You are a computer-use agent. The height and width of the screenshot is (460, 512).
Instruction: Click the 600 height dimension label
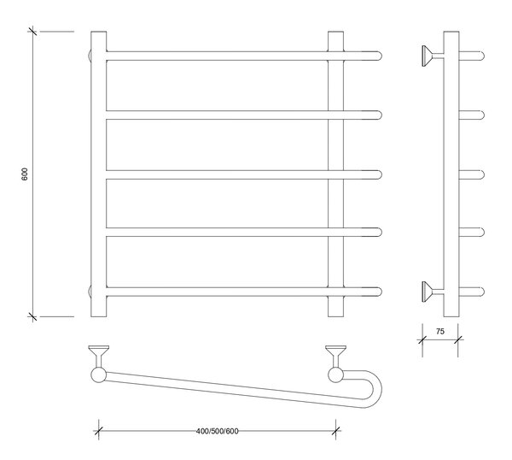[25, 174]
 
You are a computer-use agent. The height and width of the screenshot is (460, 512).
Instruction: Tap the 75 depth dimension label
[440, 332]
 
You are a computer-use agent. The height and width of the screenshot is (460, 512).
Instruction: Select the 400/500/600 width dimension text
[217, 431]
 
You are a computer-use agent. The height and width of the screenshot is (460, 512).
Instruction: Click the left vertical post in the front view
[99, 174]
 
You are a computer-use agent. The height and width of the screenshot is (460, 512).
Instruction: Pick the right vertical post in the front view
[335, 174]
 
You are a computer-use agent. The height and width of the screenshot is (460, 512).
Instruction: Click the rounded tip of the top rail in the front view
[379, 56]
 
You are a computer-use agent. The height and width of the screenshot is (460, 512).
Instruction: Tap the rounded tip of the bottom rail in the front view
[379, 292]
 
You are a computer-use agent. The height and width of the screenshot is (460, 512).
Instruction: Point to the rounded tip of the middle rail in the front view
[379, 174]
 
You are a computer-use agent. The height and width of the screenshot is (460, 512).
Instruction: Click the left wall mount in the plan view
[99, 356]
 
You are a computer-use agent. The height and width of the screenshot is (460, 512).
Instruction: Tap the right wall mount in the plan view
[335, 356]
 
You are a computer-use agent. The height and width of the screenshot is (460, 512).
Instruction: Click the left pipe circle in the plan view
[98, 375]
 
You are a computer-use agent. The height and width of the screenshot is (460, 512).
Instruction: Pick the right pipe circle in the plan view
[335, 375]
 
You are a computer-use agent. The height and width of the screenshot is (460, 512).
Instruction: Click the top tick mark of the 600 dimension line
[32, 32]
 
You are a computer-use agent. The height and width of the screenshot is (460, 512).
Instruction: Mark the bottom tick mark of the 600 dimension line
[32, 316]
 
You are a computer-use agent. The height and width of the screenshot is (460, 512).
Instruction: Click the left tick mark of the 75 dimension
[422, 339]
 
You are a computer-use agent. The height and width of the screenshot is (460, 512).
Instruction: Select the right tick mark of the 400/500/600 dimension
[335, 431]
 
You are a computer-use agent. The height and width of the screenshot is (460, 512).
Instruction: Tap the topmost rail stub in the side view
[472, 56]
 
